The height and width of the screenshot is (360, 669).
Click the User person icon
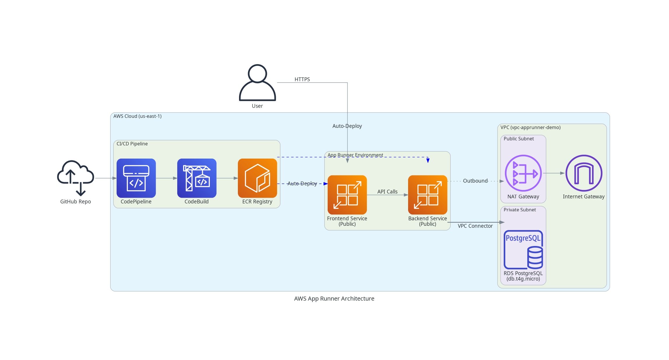[x=257, y=83]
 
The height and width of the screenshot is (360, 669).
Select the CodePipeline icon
[x=136, y=178]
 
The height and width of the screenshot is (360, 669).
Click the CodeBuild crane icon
[x=197, y=178]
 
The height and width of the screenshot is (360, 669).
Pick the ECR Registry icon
[x=257, y=178]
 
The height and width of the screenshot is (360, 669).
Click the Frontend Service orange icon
[x=347, y=195]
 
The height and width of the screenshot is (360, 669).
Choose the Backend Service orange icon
[x=428, y=195]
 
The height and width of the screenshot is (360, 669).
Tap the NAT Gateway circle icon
[x=523, y=173]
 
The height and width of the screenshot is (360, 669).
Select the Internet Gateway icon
[x=584, y=173]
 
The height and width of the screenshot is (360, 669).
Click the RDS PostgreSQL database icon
[x=523, y=250]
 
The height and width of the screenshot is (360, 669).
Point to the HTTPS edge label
[x=302, y=79]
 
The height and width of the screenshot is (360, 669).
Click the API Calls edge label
[x=387, y=192]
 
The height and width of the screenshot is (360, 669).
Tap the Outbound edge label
[x=475, y=181]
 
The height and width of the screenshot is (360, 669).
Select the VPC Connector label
[x=475, y=226]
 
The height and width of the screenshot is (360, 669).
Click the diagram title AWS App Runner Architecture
[x=334, y=298]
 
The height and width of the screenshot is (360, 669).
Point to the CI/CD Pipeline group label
[x=132, y=144]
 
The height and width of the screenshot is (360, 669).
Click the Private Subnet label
[x=519, y=210]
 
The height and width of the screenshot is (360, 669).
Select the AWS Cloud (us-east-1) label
[x=137, y=116]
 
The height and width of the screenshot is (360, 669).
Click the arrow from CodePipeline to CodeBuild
[x=166, y=178]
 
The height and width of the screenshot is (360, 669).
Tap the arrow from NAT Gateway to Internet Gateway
[x=554, y=173]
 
